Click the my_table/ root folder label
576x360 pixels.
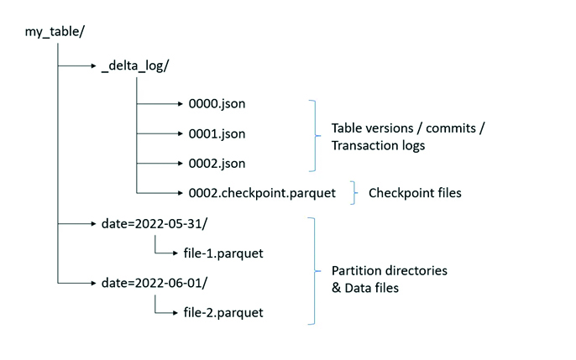point(55,32)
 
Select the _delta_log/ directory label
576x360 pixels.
point(135,66)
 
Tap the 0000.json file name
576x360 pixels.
point(217,104)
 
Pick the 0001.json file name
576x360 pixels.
point(217,134)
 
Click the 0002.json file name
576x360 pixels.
point(217,164)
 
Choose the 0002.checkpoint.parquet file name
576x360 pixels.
point(262,193)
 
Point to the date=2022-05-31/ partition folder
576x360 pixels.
point(154,223)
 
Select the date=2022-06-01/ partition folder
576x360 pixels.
point(154,283)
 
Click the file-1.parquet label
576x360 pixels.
point(223,253)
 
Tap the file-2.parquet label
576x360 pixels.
point(223,313)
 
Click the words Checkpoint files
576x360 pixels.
point(415,193)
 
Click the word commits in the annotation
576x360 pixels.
point(451,128)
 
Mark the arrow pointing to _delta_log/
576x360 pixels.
point(76,65)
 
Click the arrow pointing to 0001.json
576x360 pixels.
point(160,133)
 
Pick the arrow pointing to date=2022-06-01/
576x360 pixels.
point(76,283)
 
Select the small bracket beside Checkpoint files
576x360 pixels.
point(354,193)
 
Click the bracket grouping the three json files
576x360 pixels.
point(315,136)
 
